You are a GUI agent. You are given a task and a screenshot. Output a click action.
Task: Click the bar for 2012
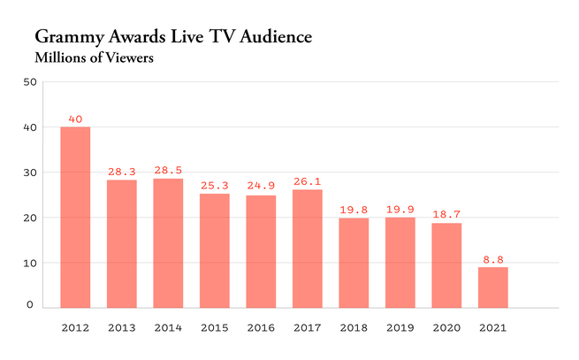coord(75,218)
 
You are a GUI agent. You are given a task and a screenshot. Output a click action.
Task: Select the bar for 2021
coord(492,287)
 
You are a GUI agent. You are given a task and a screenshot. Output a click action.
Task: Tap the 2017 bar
coord(307,249)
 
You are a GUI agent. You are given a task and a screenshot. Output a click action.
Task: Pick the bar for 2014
coord(168,243)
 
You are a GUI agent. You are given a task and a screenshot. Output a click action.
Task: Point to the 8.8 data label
coord(492,260)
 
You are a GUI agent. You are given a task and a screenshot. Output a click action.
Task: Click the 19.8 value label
coord(354,211)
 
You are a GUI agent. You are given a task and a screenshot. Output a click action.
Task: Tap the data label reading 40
coord(75,119)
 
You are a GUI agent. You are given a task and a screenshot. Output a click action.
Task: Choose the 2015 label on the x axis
coord(214,327)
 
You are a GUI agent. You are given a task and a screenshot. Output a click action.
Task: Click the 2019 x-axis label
coord(400,327)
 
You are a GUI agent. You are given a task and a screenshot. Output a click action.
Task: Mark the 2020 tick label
coord(446,327)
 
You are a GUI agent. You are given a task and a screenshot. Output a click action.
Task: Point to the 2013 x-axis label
coord(121,327)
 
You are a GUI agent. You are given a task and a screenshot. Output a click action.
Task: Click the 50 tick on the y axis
coord(29,82)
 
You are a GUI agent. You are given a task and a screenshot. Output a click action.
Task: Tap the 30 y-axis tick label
coord(29,172)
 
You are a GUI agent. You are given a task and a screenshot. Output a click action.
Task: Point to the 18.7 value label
coord(446,215)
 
